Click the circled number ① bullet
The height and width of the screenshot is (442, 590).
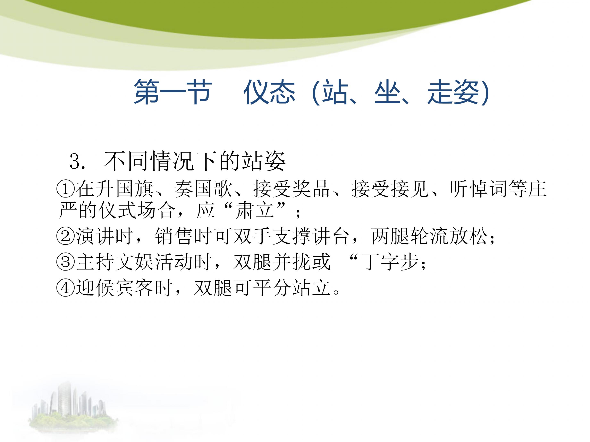pos(66,189)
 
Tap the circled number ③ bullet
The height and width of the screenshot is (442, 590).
pos(66,262)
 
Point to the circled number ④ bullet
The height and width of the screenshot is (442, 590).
pos(66,288)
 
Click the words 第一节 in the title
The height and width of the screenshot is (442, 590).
pos(173,92)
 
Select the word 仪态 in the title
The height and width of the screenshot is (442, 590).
pos(269,92)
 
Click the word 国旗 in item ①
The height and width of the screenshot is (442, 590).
pos(135,189)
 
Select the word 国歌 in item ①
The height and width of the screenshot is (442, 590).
pos(213,189)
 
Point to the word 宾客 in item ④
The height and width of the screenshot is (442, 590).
pos(135,288)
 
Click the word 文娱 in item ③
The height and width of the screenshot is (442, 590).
pos(135,262)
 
